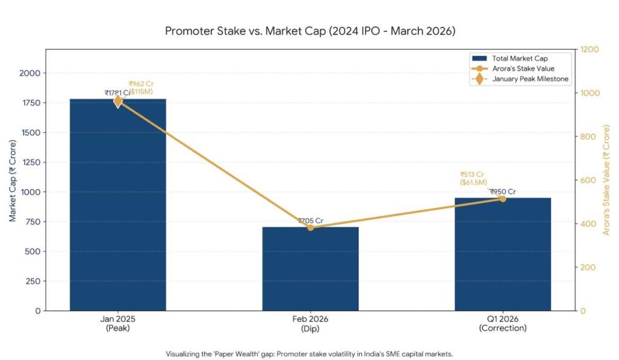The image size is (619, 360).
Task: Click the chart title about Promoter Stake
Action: coord(309,30)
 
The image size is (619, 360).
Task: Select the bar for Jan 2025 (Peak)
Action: coord(118,205)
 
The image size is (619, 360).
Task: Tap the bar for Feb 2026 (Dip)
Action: coord(310,269)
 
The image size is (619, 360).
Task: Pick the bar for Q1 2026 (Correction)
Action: coord(503,254)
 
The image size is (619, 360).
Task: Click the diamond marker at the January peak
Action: coord(118,101)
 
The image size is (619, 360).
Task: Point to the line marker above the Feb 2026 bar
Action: coord(310,227)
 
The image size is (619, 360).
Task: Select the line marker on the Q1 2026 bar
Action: coord(503,199)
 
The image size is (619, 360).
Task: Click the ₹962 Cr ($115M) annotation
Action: coord(141,88)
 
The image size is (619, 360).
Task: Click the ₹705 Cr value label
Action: coord(310,220)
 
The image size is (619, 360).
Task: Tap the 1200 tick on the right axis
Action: coord(590,50)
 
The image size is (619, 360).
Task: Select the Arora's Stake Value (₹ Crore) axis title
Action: coord(607,180)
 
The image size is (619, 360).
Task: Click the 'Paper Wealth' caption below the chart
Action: coord(309,354)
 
